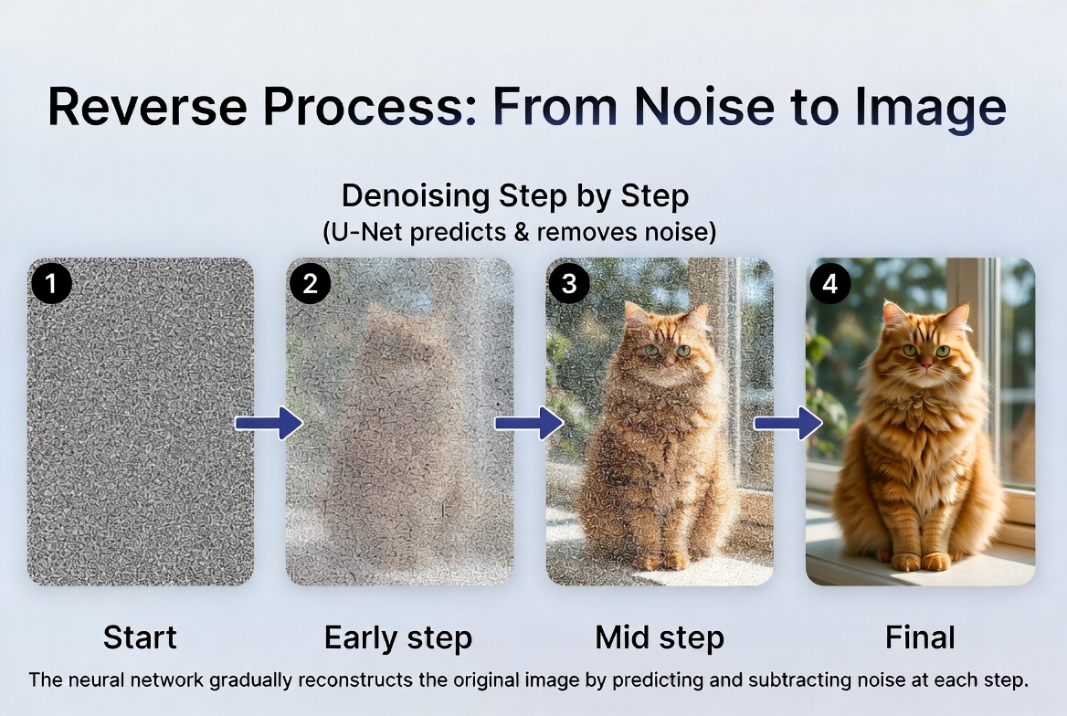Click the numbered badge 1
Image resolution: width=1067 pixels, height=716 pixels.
tap(51, 284)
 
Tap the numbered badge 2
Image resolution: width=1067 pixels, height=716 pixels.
tap(310, 284)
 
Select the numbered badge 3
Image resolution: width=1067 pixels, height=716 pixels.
tap(569, 284)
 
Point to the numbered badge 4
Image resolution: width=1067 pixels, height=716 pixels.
tap(829, 284)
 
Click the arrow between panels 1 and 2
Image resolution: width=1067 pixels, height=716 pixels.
tap(269, 423)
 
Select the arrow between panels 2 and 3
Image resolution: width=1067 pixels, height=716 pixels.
tap(528, 423)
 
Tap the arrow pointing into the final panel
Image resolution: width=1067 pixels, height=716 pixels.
tap(787, 423)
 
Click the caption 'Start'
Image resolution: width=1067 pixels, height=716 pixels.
tap(140, 637)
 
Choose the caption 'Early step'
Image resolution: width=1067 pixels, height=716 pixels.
tap(398, 637)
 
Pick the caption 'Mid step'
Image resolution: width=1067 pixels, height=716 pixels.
tap(660, 637)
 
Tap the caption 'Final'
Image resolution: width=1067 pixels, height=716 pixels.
tap(920, 637)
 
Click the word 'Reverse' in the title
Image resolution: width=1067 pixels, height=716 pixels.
tap(147, 107)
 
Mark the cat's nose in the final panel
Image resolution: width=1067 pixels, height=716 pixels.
tap(924, 363)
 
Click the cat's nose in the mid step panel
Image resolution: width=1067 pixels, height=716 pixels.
tap(667, 363)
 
